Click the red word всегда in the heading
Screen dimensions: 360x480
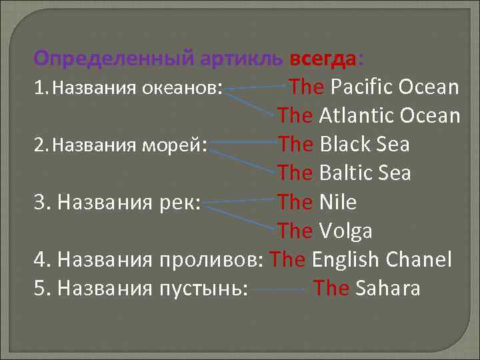[323, 59]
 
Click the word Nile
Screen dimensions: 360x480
[338, 202]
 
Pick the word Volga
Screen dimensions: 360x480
[345, 231]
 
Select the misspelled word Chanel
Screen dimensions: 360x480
[421, 259]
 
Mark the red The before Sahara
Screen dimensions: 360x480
[331, 288]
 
